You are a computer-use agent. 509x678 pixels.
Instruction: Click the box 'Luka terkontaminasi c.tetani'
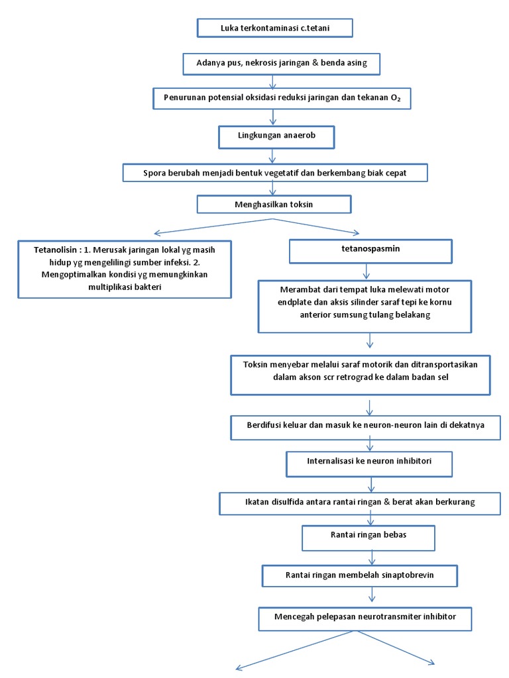[x=275, y=28]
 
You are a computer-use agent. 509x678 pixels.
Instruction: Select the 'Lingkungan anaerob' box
[x=276, y=137]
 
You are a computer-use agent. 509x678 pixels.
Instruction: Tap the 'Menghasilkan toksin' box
[x=274, y=204]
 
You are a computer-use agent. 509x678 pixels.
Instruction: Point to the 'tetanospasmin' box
[x=370, y=251]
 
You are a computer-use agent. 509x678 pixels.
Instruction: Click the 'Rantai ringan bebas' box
[x=368, y=538]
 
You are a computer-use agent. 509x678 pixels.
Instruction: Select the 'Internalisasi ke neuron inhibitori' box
[x=369, y=464]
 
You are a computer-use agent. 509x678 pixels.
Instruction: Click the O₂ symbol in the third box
[x=396, y=98]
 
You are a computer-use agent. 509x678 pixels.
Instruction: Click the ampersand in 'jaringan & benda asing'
[x=315, y=63]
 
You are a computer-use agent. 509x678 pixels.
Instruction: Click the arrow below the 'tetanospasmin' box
[x=367, y=271]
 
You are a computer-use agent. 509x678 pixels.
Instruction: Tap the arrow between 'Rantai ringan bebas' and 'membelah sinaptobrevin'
[x=372, y=557]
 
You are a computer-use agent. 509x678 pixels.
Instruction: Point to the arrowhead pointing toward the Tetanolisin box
[x=158, y=234]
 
